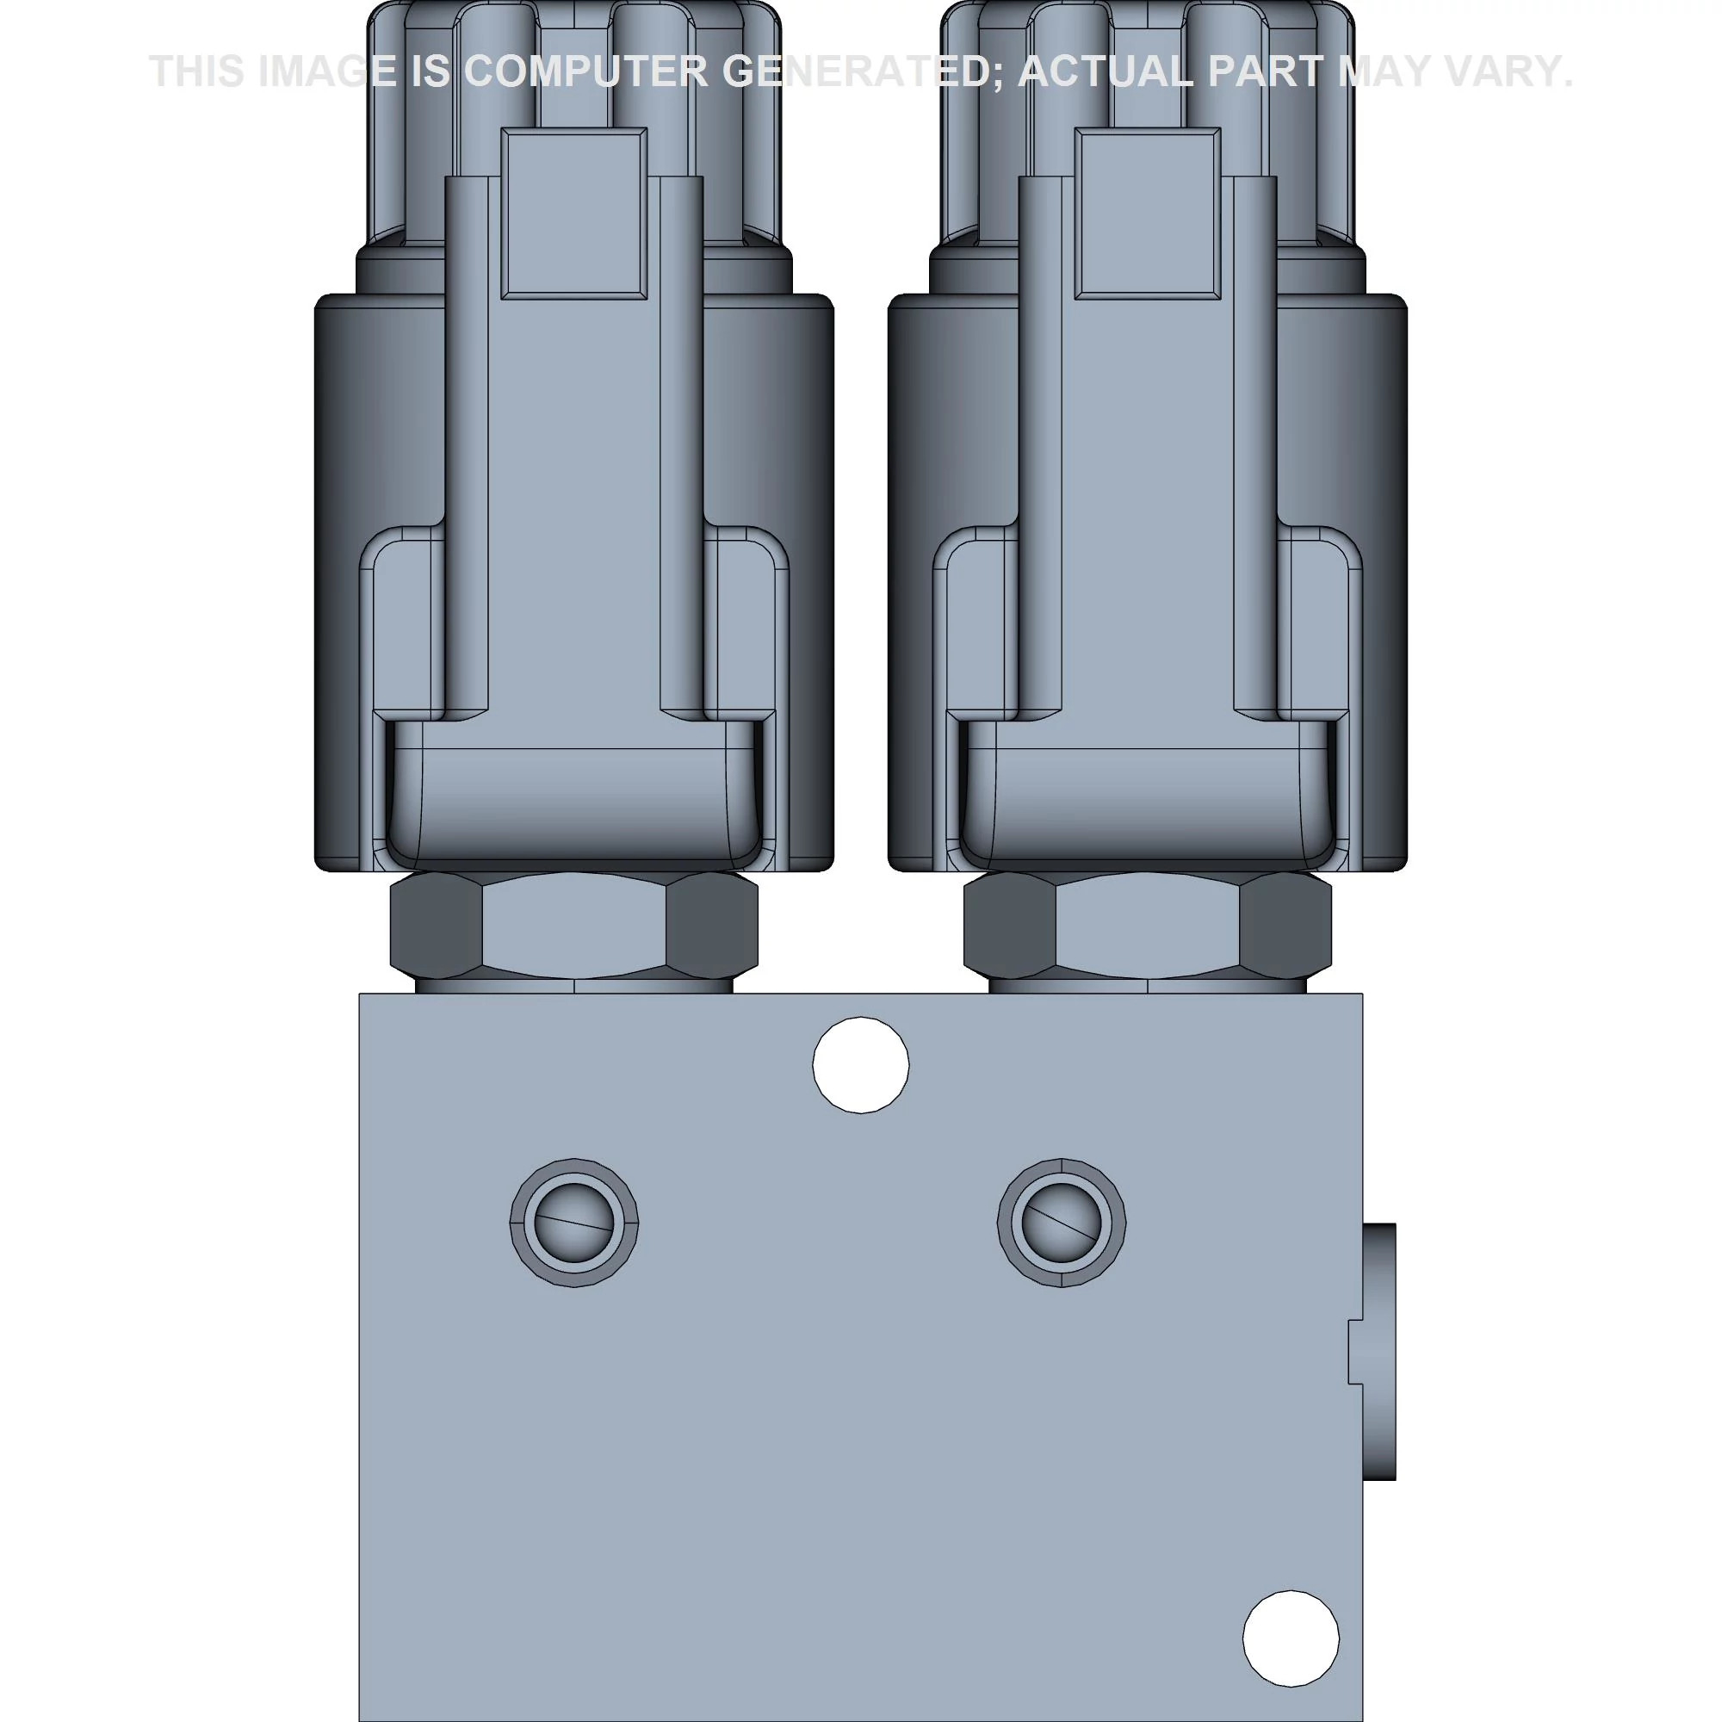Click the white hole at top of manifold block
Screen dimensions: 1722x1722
[x=860, y=1064]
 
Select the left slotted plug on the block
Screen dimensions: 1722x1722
[x=574, y=1222]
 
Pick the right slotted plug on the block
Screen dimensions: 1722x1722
[x=1061, y=1222]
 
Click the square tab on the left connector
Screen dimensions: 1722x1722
[x=574, y=213]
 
